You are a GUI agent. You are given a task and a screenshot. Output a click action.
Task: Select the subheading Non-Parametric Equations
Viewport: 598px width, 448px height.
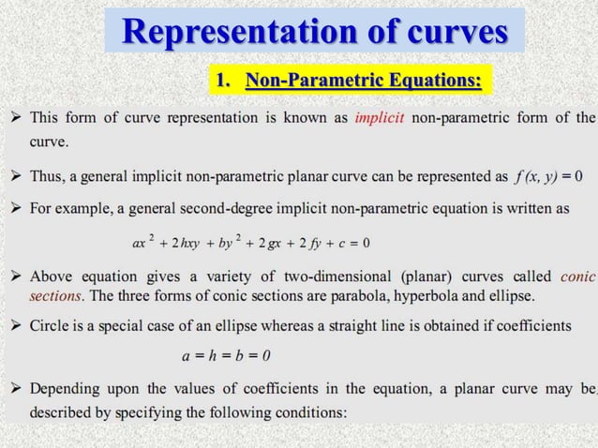tap(364, 82)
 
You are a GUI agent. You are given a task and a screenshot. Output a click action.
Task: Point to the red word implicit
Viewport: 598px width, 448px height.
tap(380, 117)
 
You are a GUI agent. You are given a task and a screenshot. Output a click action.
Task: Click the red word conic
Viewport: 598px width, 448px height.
tap(576, 277)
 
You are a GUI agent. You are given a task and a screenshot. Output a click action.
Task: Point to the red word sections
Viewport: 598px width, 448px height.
tap(55, 296)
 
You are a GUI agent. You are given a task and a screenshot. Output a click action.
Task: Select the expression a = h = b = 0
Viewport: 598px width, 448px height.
tap(226, 355)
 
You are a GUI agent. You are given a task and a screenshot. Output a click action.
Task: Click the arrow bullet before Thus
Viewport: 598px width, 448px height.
tap(16, 176)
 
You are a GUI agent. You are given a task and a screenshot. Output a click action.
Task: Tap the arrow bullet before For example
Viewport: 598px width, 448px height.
tap(16, 206)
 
